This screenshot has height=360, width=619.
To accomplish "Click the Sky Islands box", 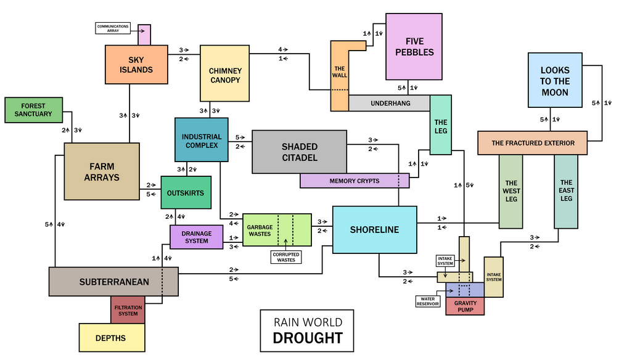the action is [136, 64].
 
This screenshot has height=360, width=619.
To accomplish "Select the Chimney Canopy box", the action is [224, 73].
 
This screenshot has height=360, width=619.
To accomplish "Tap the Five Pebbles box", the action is [414, 47].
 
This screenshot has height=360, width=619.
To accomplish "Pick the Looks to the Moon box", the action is [555, 80].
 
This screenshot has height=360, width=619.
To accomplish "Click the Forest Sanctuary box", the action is [33, 110].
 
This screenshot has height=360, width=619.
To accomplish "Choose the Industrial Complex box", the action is [202, 140].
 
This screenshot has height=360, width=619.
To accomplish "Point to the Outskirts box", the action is [186, 192].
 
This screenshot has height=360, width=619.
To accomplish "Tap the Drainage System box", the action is [197, 237].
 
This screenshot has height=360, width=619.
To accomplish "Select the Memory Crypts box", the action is [355, 181].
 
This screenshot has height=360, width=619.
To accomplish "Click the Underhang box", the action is [390, 103].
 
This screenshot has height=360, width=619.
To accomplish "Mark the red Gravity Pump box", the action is [465, 306].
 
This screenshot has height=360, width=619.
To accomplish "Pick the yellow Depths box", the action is [112, 338].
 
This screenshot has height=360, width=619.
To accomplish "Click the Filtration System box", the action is [128, 310].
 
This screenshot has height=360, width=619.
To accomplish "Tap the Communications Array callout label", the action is [113, 28].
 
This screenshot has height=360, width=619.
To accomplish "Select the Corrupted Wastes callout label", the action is [286, 257].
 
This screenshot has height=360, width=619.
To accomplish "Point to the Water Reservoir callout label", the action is [428, 301].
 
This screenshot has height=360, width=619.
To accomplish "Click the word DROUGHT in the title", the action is [308, 338].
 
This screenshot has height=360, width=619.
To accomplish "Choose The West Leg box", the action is [511, 192].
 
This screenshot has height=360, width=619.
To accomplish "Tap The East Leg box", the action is [566, 192].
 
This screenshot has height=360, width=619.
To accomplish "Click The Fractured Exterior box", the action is [533, 143].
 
